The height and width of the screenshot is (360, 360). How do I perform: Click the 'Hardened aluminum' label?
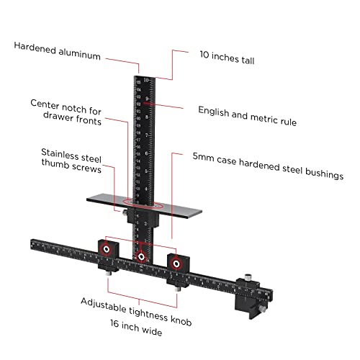[57, 51]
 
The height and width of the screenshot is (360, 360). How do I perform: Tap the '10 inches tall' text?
[227, 58]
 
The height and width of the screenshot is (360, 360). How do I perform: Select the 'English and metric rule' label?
[247, 116]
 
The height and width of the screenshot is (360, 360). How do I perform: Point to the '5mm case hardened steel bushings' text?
[268, 166]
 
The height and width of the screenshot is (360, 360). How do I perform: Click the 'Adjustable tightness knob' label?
[136, 312]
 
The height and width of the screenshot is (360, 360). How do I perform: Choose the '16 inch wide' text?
[136, 328]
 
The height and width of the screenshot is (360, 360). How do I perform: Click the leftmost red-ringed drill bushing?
[107, 249]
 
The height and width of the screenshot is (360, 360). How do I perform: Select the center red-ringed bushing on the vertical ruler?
[141, 257]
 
